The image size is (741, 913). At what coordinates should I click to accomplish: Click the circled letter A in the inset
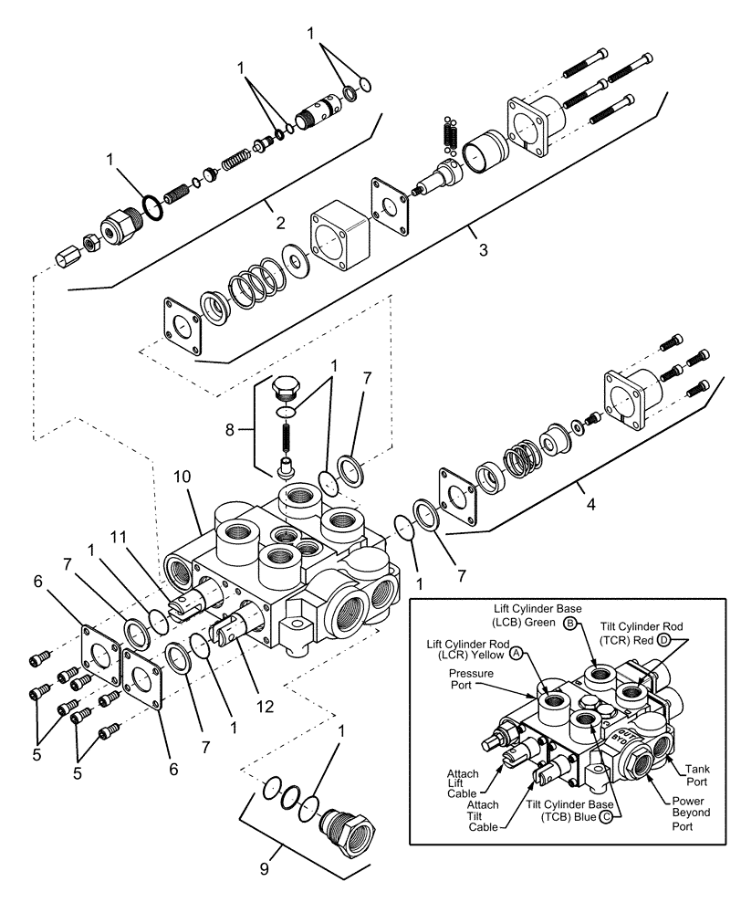click(x=517, y=654)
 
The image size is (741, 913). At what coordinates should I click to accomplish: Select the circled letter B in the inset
click(x=570, y=624)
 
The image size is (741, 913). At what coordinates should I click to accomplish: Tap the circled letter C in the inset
click(x=606, y=815)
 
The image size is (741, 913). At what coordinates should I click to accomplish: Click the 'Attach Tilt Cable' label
click(x=480, y=814)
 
